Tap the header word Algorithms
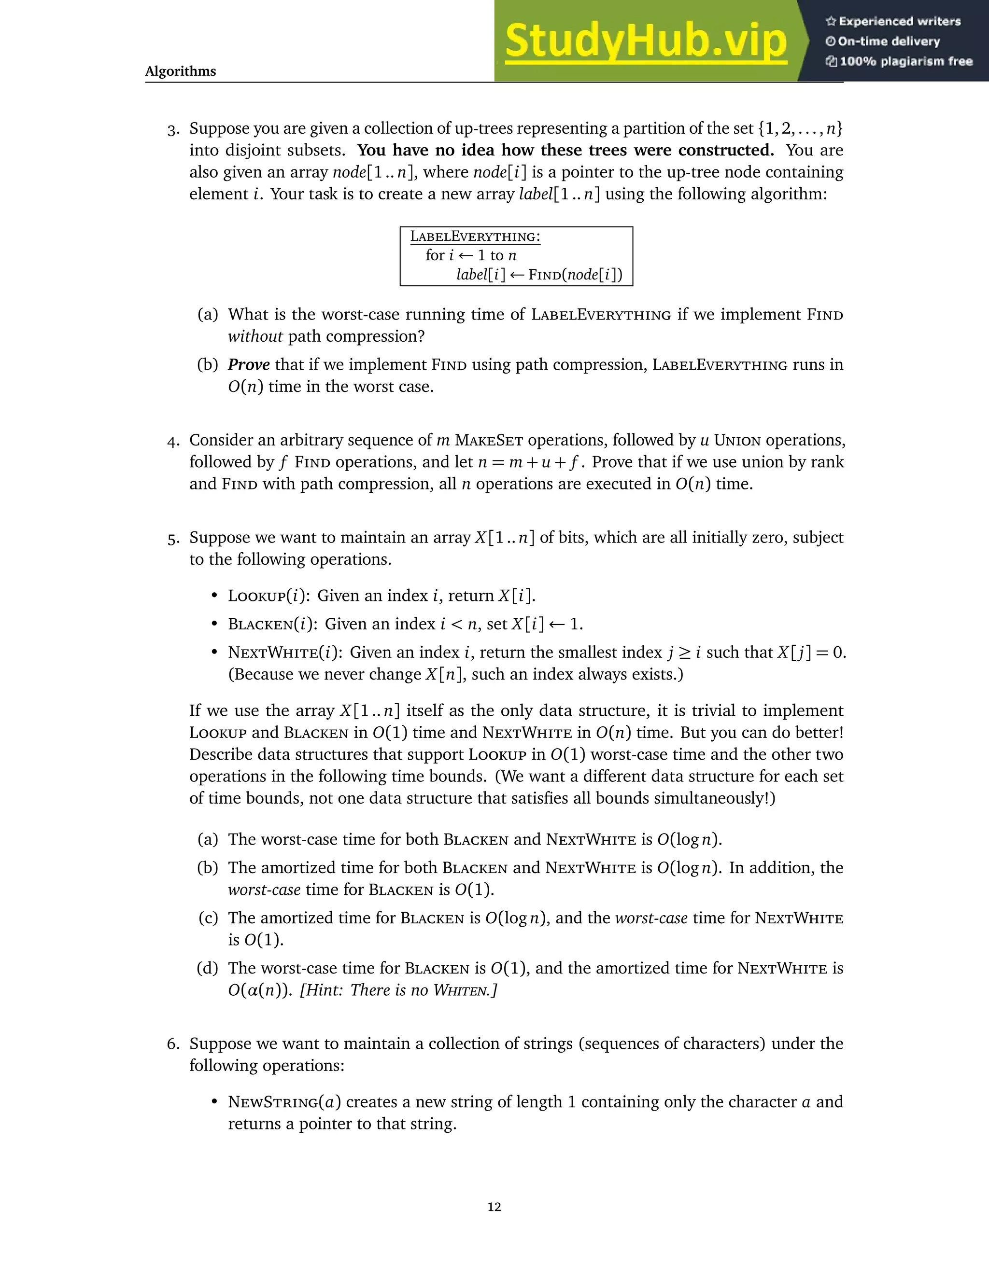tap(181, 71)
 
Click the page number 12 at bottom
tap(494, 1207)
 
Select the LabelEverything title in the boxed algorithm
tap(475, 236)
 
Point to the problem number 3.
tap(173, 129)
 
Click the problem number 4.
tap(172, 441)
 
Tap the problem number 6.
tap(172, 1044)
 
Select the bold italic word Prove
tap(248, 365)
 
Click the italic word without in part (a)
tap(255, 337)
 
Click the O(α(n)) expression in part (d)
tap(259, 990)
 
